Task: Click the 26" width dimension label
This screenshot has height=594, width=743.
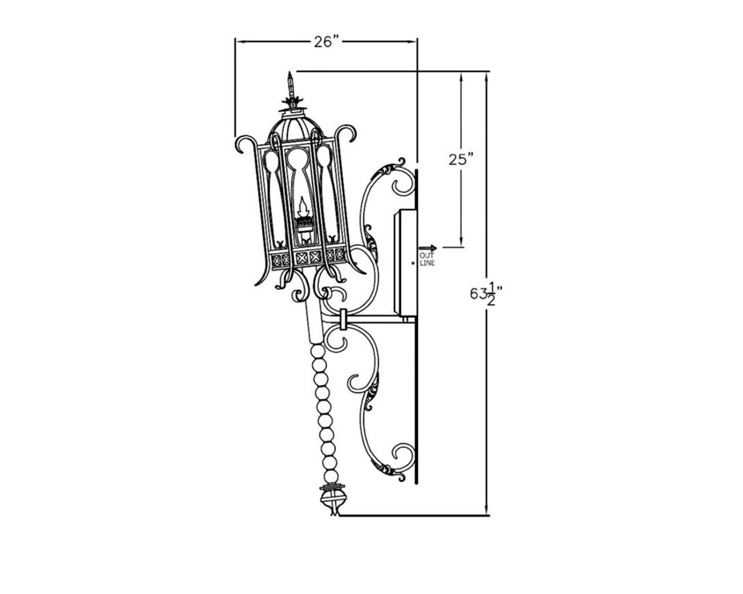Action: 327,42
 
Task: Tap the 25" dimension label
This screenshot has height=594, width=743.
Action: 461,159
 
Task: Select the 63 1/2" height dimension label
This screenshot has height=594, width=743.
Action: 486,294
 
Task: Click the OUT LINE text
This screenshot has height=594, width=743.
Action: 426,259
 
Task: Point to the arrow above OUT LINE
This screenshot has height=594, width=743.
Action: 427,248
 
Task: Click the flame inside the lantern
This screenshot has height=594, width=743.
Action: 303,207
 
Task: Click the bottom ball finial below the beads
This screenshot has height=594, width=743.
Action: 331,500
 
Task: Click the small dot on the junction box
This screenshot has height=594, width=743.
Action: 413,262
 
